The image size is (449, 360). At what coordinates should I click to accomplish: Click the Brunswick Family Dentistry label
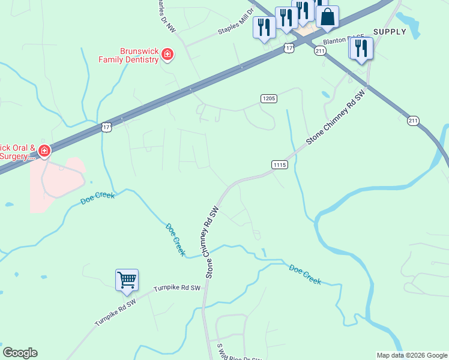click(x=130, y=55)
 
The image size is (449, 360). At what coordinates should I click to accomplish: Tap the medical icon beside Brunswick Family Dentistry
click(x=167, y=56)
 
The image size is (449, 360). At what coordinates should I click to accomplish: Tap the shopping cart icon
click(x=127, y=280)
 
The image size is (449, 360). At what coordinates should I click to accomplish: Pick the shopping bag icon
click(x=327, y=17)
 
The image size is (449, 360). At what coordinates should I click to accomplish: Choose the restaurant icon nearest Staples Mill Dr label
click(x=264, y=28)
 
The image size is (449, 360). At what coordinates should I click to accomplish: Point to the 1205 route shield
click(x=268, y=98)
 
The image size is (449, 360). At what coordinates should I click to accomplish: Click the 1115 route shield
click(x=279, y=164)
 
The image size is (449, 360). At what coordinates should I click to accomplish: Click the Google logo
click(x=20, y=353)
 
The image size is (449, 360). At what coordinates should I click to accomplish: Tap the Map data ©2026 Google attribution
click(x=412, y=355)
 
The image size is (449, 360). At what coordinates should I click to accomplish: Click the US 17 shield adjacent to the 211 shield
click(x=289, y=47)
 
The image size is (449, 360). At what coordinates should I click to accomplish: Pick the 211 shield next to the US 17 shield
click(x=319, y=52)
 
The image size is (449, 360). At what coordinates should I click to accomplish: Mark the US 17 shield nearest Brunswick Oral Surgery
click(x=106, y=127)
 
